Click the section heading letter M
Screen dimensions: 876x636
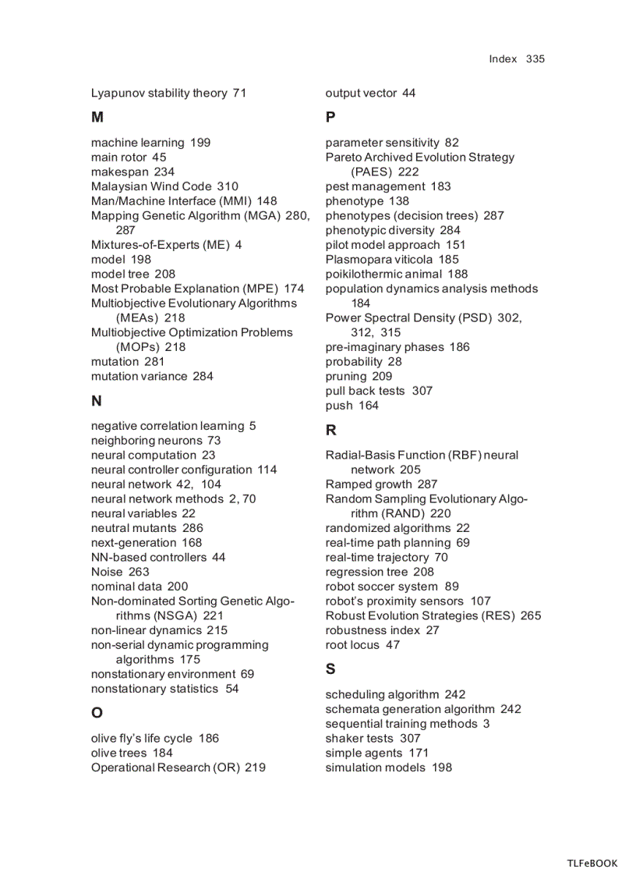pos(97,118)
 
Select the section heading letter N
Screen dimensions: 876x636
pos(97,402)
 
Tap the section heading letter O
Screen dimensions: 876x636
pos(97,713)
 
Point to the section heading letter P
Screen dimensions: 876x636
pos(330,118)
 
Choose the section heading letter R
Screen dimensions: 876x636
pos(331,431)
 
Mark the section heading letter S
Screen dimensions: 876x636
pos(330,669)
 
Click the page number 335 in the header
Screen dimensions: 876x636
pos(535,59)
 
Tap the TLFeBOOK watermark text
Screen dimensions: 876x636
pos(592,864)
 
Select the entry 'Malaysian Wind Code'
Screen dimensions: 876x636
pos(151,186)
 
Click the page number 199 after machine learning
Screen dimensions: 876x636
pos(200,143)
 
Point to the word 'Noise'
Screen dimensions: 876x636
pos(107,572)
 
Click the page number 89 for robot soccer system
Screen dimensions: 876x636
pos(452,587)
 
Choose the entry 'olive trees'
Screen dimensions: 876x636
pos(120,753)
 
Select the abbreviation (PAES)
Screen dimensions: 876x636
pos(371,172)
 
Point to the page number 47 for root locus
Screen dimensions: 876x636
pos(393,645)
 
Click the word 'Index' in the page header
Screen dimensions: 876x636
pos(503,59)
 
